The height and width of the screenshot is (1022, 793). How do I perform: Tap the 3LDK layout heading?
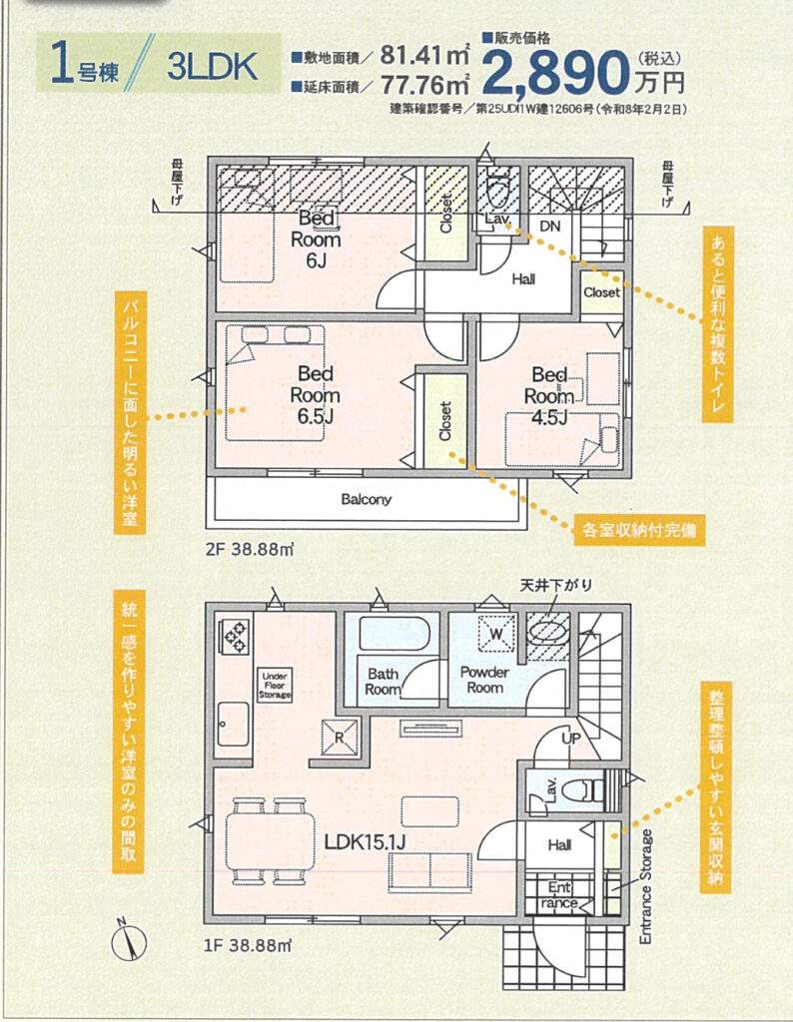[212, 66]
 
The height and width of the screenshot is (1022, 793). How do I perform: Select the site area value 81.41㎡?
[424, 56]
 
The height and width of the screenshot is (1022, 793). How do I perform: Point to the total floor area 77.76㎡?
[424, 84]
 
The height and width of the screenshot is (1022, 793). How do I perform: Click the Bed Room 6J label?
[316, 239]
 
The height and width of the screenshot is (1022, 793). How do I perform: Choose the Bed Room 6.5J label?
[315, 395]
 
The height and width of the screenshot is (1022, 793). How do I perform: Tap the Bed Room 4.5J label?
[549, 395]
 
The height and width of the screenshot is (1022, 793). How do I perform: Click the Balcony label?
[367, 499]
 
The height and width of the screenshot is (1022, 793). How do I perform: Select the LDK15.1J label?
[366, 842]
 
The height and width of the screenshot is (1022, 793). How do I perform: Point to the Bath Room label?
[383, 681]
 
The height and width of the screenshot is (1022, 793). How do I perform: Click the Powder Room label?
[484, 679]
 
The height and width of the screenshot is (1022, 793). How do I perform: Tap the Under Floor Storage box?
[275, 686]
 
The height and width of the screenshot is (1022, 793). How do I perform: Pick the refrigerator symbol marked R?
[340, 738]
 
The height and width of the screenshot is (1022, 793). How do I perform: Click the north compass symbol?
[129, 942]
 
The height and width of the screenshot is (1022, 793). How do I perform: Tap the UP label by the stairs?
[571, 739]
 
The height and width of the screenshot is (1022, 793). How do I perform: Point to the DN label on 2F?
[550, 227]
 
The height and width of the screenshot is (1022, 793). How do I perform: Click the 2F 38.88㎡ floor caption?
[251, 549]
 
